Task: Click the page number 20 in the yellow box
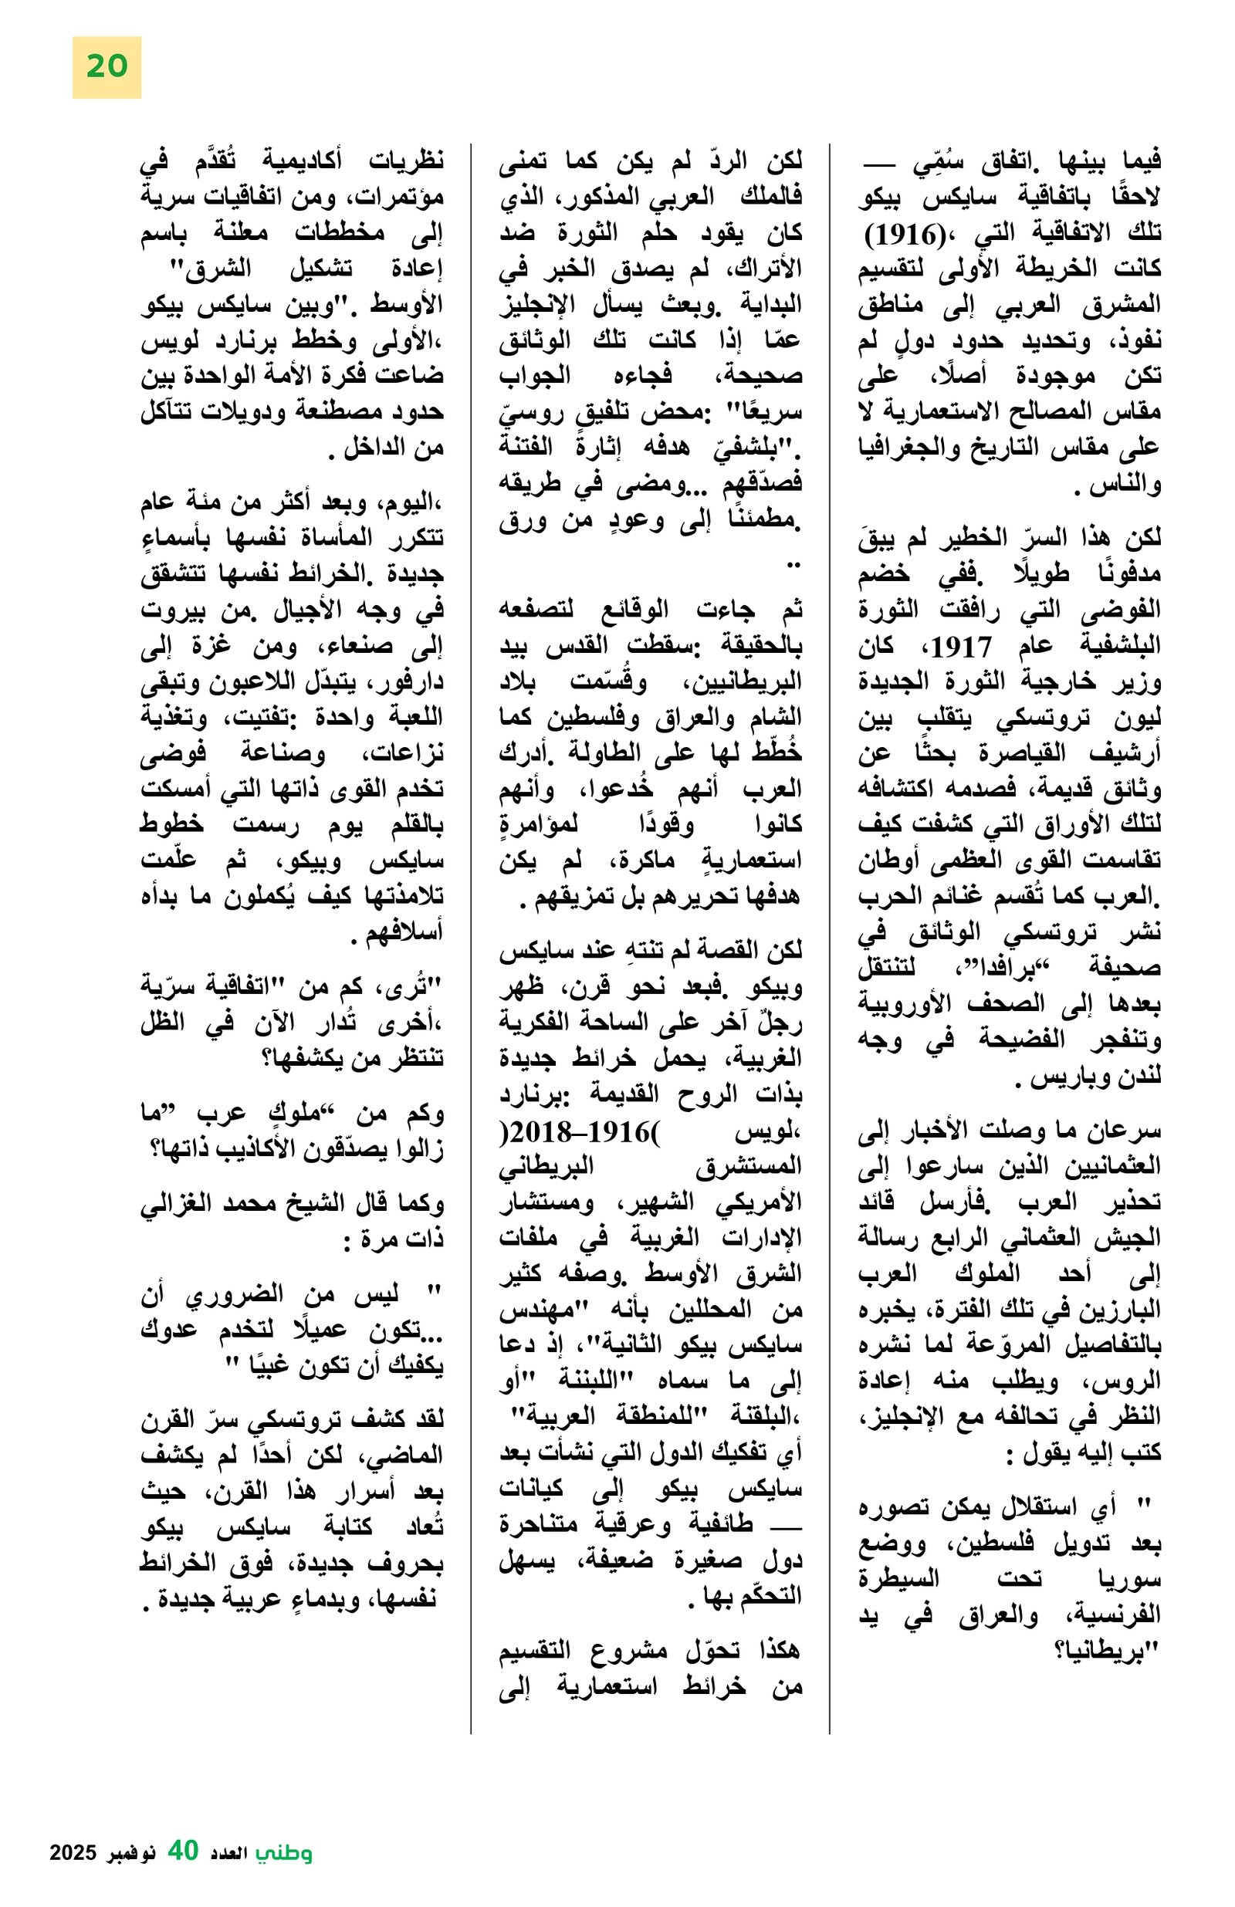point(106,66)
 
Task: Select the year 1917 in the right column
point(961,646)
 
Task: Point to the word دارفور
point(411,683)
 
